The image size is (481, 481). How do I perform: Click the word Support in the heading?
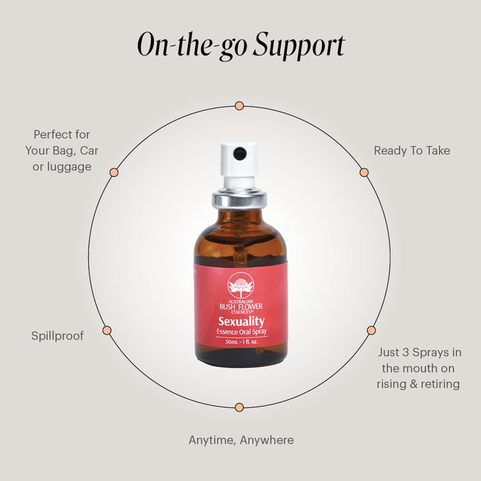[x=299, y=45]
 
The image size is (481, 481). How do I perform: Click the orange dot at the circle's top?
[x=239, y=106]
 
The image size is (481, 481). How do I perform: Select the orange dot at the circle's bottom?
[x=239, y=408]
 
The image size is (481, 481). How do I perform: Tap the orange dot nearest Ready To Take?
[x=364, y=172]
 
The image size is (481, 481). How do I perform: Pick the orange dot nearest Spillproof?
[x=107, y=331]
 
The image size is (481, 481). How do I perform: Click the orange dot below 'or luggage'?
[x=114, y=172]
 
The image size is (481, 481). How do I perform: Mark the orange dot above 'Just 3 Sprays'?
[x=371, y=331]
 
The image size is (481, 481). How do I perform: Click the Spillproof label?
[x=57, y=336]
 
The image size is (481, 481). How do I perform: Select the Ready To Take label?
[x=412, y=150]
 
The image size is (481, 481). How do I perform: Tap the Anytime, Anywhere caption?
[x=241, y=440]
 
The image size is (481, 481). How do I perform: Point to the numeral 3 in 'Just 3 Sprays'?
[x=406, y=352]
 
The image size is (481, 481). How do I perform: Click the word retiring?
[x=440, y=384]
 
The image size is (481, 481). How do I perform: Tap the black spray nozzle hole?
[x=240, y=153]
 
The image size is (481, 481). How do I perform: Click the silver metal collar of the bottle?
[x=239, y=199]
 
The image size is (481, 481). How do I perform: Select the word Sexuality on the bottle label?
[x=241, y=321]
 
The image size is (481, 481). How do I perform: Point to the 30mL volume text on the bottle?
[x=231, y=342]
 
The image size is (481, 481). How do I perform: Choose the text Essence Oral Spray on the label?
[x=241, y=331]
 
